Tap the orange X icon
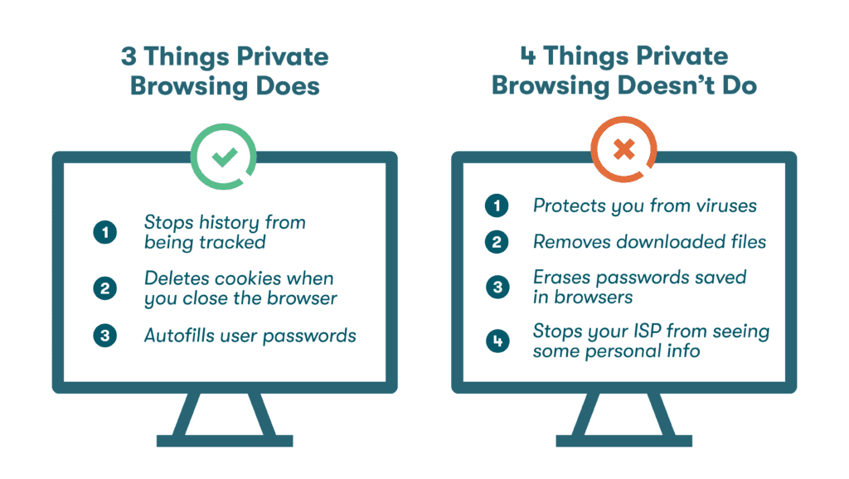point(623,151)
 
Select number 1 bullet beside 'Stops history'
point(104,233)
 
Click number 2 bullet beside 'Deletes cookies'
point(104,288)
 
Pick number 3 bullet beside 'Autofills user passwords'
point(104,336)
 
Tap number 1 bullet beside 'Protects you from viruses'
point(497,205)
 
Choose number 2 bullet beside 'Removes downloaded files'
point(497,241)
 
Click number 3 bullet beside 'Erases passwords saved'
point(497,286)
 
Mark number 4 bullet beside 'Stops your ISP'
point(497,341)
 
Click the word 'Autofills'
point(177,336)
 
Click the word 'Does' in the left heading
point(284,85)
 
